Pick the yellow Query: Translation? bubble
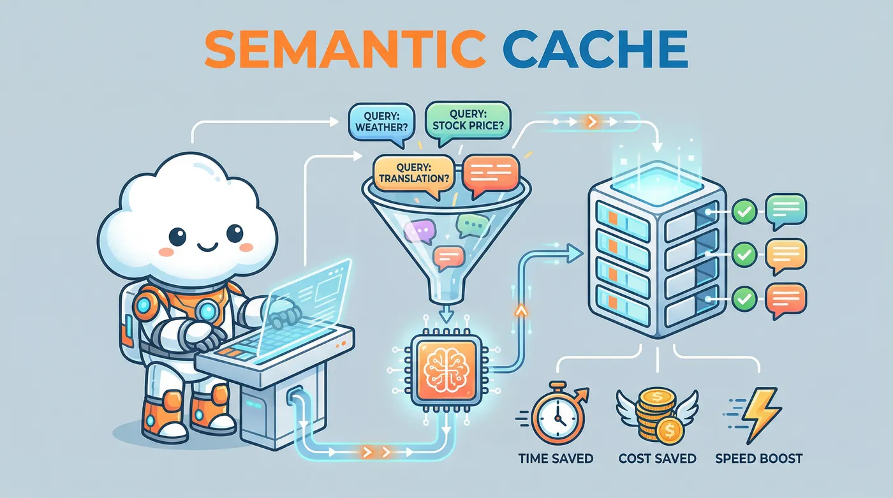point(413,173)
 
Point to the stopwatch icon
point(554,414)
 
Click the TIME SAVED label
point(556,458)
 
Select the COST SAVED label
point(657,458)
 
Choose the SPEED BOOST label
point(758,458)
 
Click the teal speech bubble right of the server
point(786,210)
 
